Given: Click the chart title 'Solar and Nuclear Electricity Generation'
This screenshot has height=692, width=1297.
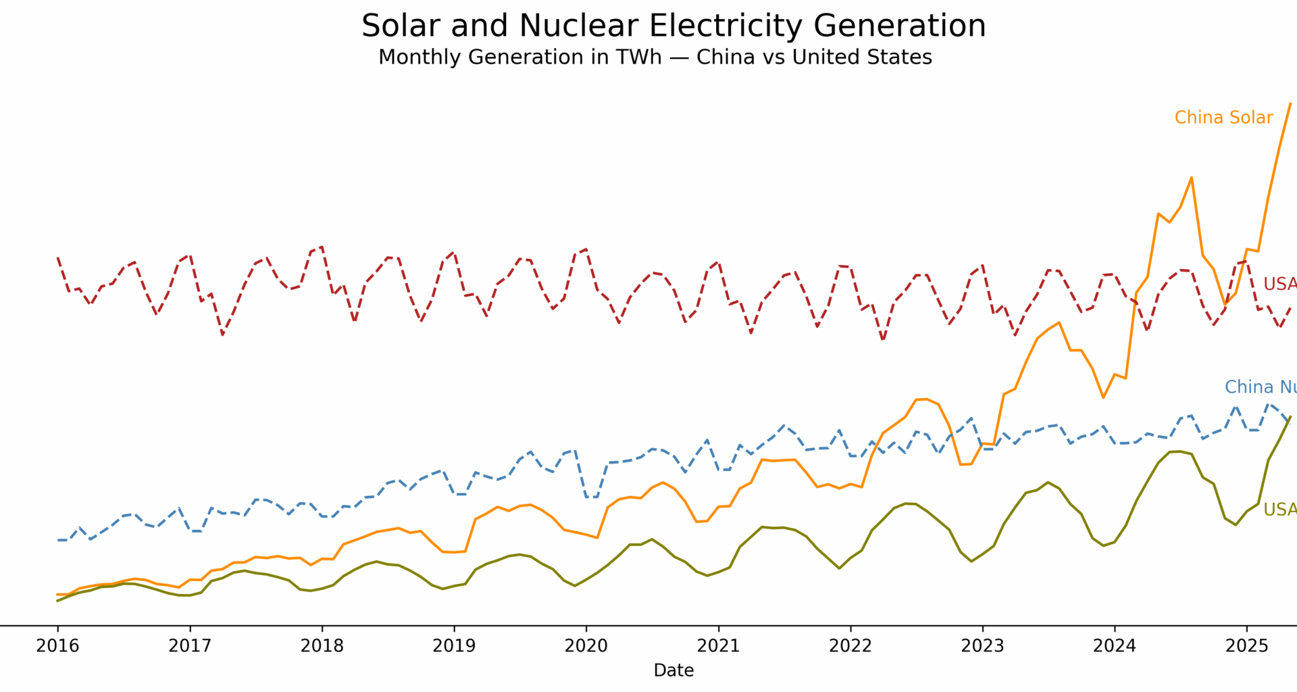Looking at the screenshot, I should [673, 26].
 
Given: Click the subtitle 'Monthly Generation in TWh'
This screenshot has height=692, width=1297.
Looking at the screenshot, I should [655, 57].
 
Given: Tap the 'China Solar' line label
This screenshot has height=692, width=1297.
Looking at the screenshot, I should [1223, 118].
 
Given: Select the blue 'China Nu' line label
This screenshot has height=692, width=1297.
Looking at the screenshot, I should [1260, 387].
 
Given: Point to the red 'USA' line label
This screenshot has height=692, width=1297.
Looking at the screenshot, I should [1279, 285].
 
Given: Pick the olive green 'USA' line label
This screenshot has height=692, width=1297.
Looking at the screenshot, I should [1279, 510].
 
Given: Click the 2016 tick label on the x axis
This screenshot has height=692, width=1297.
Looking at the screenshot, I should [57, 646].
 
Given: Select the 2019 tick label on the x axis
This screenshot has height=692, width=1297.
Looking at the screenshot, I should [454, 646].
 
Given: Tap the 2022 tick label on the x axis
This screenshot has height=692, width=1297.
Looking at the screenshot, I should [850, 646].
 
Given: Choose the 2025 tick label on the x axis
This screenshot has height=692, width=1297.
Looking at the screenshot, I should [1247, 646].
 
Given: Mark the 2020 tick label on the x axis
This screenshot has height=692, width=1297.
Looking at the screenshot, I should [586, 646].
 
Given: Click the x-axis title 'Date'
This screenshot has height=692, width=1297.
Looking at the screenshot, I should [673, 670].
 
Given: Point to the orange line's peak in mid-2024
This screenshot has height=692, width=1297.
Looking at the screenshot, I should [1191, 178].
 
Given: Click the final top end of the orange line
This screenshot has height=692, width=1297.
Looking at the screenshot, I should [1290, 104].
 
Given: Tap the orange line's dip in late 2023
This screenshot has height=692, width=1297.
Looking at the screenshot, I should [1103, 397].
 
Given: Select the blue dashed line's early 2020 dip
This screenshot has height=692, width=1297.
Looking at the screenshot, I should [591, 497].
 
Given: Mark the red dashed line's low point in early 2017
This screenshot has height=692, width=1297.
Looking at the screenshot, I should [222, 335].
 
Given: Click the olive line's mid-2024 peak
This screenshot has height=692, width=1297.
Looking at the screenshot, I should [1179, 451].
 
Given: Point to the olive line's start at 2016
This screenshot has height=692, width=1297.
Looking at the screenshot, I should [57, 601].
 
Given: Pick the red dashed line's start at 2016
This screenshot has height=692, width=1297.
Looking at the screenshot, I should [58, 257].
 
